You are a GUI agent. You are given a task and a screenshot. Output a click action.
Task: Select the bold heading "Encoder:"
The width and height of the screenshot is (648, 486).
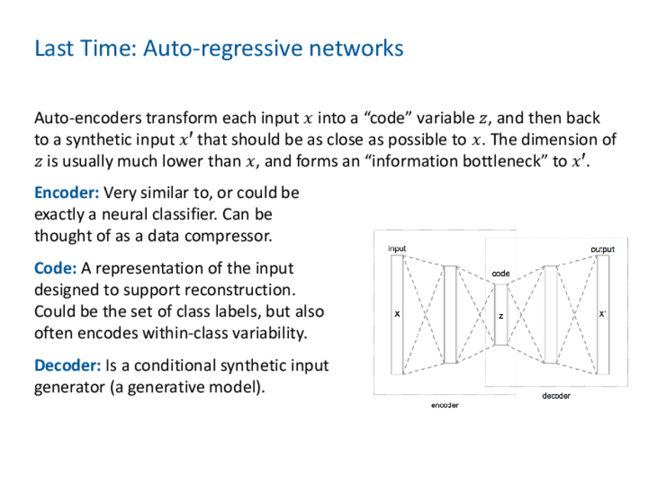[66, 193]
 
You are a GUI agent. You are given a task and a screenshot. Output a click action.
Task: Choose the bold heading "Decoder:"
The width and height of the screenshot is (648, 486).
[67, 365]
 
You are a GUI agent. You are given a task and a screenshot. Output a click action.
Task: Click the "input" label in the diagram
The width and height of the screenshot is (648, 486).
[397, 248]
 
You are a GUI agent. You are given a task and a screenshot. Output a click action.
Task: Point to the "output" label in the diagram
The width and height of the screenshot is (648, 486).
[602, 249]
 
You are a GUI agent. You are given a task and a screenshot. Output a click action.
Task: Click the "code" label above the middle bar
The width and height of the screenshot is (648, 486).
[501, 274]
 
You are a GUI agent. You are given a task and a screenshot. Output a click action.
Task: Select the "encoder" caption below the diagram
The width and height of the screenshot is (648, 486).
[445, 405]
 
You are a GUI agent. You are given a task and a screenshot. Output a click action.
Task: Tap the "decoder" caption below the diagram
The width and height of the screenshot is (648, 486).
[556, 396]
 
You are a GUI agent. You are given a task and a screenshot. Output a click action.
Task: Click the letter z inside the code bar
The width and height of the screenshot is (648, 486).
[501, 315]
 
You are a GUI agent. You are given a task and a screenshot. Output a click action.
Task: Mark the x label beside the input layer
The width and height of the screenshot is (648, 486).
[397, 314]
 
